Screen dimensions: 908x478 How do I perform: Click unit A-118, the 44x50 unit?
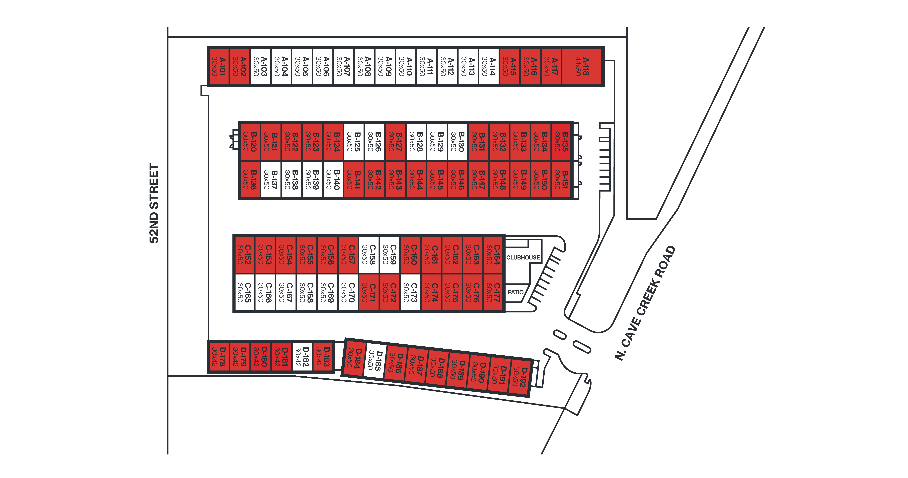tap(582, 67)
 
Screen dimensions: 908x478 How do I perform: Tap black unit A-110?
tap(406, 67)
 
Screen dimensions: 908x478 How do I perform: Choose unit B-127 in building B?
tap(395, 142)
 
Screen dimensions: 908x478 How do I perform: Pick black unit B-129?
tap(437, 142)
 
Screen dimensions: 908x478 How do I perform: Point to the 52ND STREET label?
tap(154, 204)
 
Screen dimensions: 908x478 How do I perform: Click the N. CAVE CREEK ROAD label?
tap(645, 303)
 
